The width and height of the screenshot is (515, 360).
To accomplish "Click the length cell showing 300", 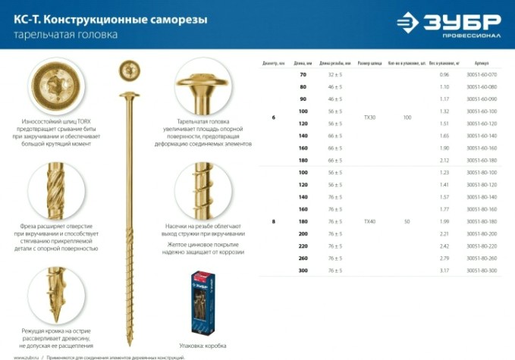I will coord(303,270).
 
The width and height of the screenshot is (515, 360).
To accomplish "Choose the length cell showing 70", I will coord(303,75).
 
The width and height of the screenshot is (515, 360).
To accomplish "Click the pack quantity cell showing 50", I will coord(407,221).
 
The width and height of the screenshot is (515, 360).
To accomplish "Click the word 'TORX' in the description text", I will coord(85,128).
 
